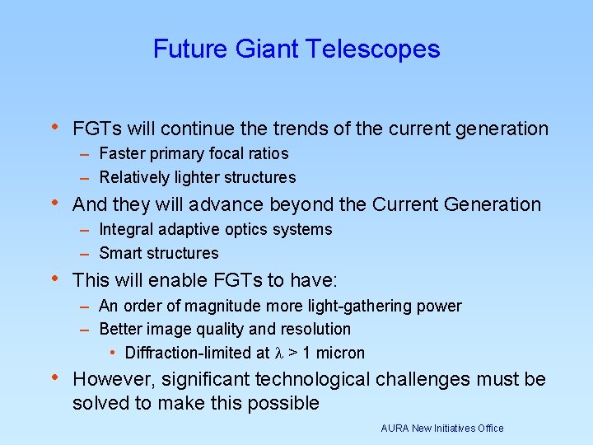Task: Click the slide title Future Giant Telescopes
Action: (296, 49)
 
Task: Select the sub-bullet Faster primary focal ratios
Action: (194, 153)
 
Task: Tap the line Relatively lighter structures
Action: (197, 177)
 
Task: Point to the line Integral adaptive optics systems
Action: (215, 229)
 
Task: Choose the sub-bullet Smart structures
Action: (159, 253)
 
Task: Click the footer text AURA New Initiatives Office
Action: (441, 428)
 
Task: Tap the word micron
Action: (341, 353)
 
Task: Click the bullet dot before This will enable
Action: (54, 279)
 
